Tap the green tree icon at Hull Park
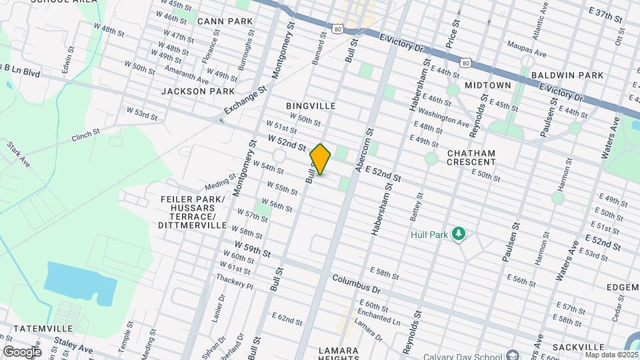click(x=458, y=233)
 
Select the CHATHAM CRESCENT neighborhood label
click(x=471, y=157)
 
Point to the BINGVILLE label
click(x=310, y=106)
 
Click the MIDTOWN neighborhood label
click(x=487, y=85)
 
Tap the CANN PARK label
click(x=225, y=21)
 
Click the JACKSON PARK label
click(x=198, y=91)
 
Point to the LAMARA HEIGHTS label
click(x=339, y=354)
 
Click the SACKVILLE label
click(x=579, y=347)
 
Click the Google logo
click(x=21, y=351)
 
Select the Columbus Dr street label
click(x=356, y=284)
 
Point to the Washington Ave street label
click(x=445, y=118)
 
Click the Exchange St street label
click(x=245, y=98)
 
